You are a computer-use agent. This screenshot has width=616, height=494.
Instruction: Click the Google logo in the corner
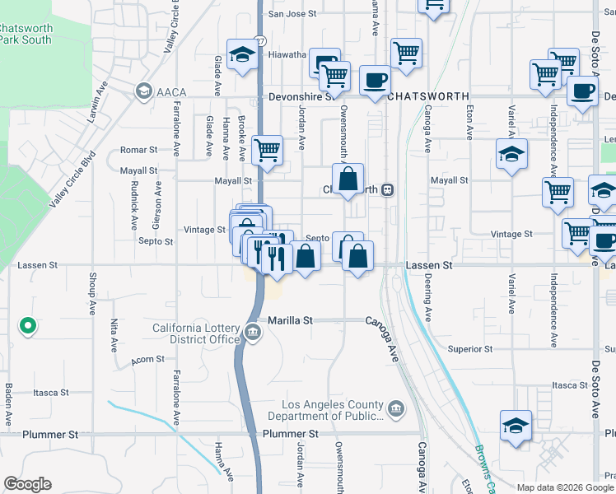[27, 484]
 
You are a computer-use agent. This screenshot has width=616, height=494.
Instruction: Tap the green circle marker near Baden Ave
[27, 327]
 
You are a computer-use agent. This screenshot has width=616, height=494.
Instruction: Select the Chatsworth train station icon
[386, 189]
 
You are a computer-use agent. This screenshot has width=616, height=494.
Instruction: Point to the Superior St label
[470, 349]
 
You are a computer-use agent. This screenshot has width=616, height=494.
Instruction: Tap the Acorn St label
[149, 360]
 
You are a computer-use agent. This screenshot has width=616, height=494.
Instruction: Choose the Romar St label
[138, 150]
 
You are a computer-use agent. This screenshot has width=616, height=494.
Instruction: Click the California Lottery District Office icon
[252, 334]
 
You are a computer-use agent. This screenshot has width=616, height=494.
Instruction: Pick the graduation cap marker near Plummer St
[516, 426]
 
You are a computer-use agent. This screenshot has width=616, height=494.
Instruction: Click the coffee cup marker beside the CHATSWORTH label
[376, 81]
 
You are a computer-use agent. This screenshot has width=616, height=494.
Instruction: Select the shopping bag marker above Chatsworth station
[348, 178]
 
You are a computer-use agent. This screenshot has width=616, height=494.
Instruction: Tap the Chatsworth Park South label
[25, 34]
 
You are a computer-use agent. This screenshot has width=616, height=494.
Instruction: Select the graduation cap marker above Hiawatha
[242, 54]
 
